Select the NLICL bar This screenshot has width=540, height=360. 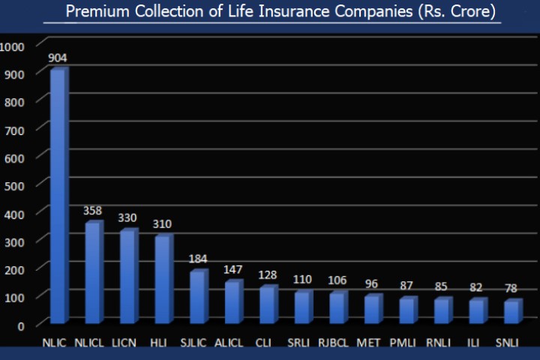(92, 273)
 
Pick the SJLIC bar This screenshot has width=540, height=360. (197, 297)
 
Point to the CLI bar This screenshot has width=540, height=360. (267, 305)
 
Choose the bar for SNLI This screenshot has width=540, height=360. (511, 312)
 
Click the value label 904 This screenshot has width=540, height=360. (58, 58)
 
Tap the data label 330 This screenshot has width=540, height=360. (127, 217)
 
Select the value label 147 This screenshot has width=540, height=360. (232, 268)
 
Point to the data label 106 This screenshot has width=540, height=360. (337, 280)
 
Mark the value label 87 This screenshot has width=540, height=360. (406, 286)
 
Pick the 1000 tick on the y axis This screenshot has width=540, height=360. (13, 46)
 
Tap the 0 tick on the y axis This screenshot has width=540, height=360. (22, 325)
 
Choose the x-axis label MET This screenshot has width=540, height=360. (368, 343)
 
